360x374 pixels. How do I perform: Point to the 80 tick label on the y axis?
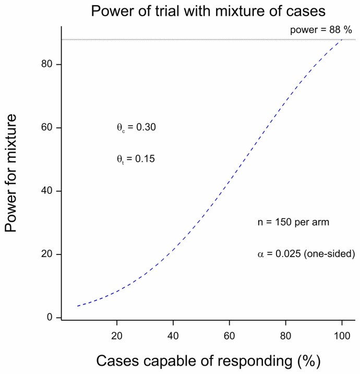tap(48, 64)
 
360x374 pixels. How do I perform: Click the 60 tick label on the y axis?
tap(48, 127)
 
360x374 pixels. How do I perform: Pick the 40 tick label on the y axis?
tap(48, 191)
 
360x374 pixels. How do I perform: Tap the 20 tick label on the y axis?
tap(48, 254)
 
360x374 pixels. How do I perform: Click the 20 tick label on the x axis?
tap(117, 334)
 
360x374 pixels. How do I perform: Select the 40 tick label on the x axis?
tap(173, 334)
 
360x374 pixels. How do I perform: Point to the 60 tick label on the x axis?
tap(230, 334)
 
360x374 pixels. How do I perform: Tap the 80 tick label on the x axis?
tap(285, 334)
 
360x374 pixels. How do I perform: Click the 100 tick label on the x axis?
tap(342, 334)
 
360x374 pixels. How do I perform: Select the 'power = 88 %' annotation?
tap(322, 30)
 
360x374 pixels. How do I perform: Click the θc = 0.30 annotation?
tap(136, 127)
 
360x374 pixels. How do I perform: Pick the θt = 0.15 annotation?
tap(136, 159)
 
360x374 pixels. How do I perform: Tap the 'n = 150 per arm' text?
tap(293, 222)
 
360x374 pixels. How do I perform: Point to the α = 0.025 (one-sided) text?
tap(306, 254)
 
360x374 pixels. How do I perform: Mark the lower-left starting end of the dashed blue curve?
tap(78, 306)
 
